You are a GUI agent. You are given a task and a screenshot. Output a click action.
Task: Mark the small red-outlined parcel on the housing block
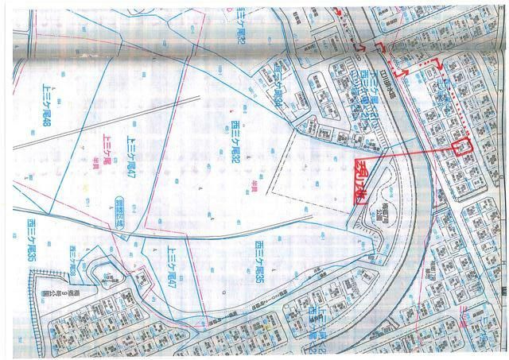point(461,147)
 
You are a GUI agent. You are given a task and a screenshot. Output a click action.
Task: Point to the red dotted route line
point(453,95)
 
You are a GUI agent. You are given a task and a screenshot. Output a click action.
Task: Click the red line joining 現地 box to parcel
point(406,154)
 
